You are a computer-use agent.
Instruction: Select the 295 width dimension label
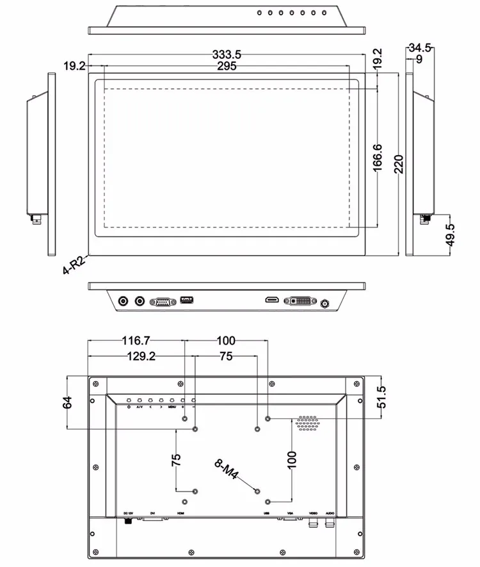[227, 66]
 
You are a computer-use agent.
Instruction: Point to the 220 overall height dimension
[399, 165]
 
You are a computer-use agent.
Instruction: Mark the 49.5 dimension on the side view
[450, 235]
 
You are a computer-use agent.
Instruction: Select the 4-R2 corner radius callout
[74, 263]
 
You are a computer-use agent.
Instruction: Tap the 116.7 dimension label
[136, 340]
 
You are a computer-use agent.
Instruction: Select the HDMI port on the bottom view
[272, 300]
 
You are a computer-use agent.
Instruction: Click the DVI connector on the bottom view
[298, 300]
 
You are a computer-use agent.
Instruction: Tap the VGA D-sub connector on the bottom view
[163, 300]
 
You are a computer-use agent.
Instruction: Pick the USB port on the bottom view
[186, 299]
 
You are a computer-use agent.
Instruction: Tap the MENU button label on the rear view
[172, 406]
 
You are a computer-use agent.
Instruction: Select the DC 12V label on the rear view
[127, 513]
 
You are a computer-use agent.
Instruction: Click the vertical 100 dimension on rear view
[292, 459]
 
